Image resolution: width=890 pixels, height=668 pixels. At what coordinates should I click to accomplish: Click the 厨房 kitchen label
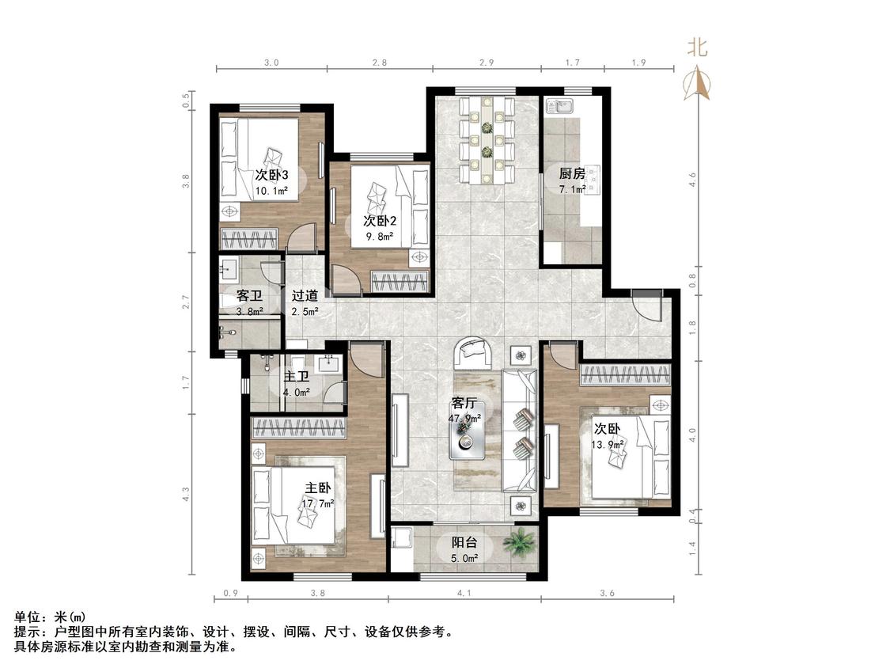coord(571,174)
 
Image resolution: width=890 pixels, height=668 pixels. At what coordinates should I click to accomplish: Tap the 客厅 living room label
coord(464,403)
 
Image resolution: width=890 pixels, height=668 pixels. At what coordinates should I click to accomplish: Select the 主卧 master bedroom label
coord(318,488)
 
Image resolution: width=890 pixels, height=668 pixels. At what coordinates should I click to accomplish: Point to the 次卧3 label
coord(271,174)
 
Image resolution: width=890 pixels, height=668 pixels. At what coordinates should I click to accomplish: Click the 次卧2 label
coord(380,220)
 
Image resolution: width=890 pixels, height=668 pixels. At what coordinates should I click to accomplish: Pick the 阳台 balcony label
coord(464,542)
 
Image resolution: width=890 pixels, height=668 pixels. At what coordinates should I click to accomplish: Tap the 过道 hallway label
coord(305,296)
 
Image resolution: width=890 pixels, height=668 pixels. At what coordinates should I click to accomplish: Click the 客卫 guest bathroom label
coord(249,296)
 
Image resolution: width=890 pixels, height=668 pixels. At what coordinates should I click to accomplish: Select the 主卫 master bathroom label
coord(297,377)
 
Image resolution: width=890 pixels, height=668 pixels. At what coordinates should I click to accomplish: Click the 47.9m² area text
coord(465,418)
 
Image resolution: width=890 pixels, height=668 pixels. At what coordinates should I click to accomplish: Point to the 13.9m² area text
coord(608,444)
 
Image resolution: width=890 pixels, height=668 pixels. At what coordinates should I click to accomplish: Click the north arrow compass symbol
coord(698,82)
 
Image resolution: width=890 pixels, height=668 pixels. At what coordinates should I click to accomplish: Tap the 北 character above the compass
coord(698,47)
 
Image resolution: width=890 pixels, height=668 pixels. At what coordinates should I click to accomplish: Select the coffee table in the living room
coord(467,438)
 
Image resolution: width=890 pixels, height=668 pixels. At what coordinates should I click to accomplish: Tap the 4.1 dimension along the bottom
coord(464,593)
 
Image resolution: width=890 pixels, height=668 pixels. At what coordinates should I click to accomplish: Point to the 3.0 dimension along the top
coord(272,63)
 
